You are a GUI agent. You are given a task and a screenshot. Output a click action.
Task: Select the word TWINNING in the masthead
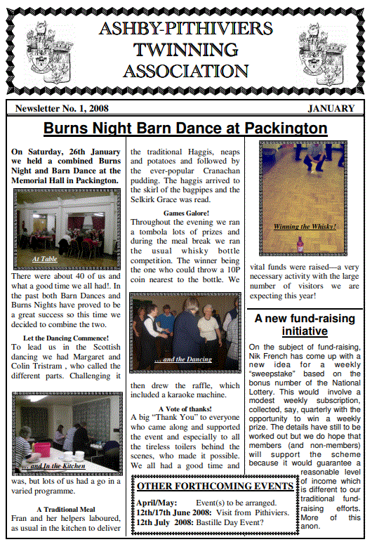click(x=185, y=50)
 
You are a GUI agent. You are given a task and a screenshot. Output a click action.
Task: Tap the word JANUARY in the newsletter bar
click(x=331, y=108)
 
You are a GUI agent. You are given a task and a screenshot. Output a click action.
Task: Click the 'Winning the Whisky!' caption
click(x=304, y=227)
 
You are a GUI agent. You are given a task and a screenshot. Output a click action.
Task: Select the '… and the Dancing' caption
click(x=183, y=359)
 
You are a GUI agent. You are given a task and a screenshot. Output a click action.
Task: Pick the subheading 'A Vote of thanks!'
click(x=185, y=408)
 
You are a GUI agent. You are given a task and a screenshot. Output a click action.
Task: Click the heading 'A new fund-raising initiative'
click(x=304, y=324)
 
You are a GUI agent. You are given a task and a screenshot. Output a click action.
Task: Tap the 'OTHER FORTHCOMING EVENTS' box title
click(x=215, y=486)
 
